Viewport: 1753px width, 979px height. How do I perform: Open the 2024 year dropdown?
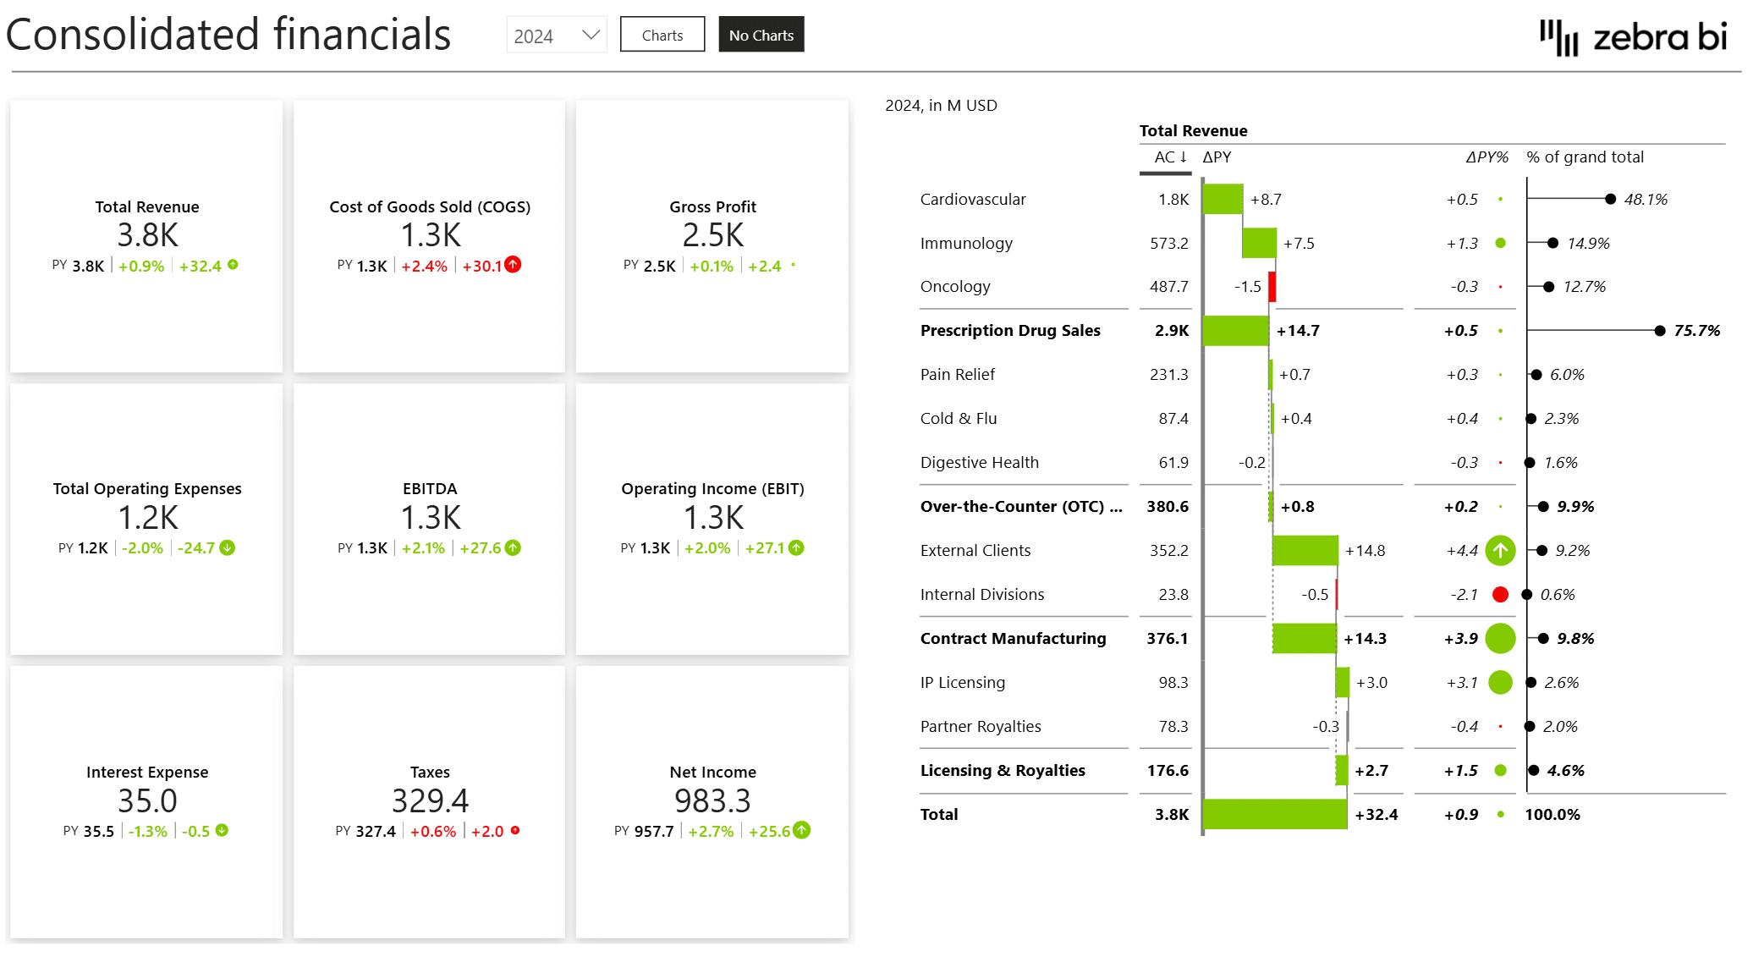click(x=557, y=36)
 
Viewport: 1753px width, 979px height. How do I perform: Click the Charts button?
click(x=662, y=35)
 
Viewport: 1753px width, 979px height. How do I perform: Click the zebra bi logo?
click(x=1633, y=37)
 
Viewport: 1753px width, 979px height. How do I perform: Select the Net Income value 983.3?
click(x=712, y=800)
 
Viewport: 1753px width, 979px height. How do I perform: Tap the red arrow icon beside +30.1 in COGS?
click(x=513, y=265)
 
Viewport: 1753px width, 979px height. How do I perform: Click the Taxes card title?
click(x=430, y=772)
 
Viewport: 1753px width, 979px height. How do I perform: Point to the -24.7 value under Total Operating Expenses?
click(x=196, y=548)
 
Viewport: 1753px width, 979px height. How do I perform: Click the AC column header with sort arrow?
click(x=1169, y=157)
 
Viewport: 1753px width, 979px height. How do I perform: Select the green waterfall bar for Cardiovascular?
click(x=1223, y=199)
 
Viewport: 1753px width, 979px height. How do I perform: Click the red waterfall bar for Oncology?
click(x=1272, y=286)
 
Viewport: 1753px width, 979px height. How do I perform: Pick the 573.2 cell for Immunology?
click(x=1168, y=244)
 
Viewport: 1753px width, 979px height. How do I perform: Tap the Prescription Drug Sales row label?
click(x=1010, y=331)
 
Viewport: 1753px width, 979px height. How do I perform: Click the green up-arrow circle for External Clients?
click(x=1500, y=551)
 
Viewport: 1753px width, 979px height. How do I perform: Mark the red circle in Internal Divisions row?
click(x=1500, y=595)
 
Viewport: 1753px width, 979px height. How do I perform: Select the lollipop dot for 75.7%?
click(x=1659, y=331)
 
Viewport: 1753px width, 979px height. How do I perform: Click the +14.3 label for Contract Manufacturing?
click(x=1365, y=639)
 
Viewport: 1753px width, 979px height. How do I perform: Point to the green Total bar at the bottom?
click(x=1274, y=814)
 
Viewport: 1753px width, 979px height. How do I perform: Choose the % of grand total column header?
click(x=1585, y=157)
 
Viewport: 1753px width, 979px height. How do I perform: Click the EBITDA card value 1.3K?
click(x=430, y=518)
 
